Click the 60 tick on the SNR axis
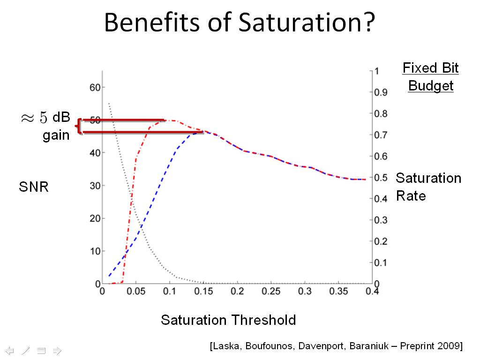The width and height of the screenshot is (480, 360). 95,87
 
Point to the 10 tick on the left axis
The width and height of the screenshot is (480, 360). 95,251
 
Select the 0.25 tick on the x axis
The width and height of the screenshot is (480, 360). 271,292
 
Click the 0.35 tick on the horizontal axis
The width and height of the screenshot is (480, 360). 338,292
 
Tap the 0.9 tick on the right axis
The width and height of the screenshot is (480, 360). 380,92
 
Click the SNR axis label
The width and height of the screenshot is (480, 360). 34,187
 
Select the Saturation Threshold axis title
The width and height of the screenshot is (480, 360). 228,320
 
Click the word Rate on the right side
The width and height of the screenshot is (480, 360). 411,195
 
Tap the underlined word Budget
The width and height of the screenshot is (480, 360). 431,86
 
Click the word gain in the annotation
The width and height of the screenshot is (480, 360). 56,135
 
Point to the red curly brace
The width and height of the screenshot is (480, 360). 78,127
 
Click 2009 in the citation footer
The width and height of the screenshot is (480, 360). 449,346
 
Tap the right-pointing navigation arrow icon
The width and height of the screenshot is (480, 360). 57,350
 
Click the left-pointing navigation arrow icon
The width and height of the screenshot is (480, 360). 10,350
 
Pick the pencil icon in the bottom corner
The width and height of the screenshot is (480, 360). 26,350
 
